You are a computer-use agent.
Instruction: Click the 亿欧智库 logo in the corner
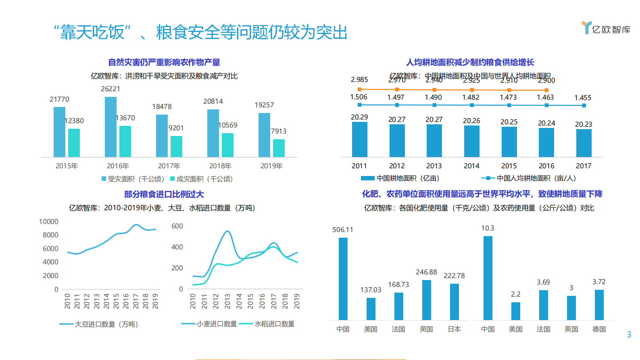tap(606, 28)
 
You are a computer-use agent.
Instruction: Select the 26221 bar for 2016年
tap(110, 127)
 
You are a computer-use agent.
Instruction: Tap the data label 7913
tap(279, 131)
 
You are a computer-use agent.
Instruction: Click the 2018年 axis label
tap(220, 166)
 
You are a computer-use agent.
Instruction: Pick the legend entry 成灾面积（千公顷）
tap(201, 179)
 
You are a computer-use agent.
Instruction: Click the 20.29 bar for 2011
tap(359, 139)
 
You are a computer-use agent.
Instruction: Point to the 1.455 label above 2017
tap(583, 98)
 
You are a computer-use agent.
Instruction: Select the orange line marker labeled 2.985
tap(359, 89)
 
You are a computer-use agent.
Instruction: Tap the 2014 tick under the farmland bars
tap(471, 166)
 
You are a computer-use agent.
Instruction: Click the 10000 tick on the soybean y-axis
tap(49, 222)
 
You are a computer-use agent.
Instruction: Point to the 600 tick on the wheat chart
tap(177, 226)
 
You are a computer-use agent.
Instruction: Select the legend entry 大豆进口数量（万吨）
tap(99, 324)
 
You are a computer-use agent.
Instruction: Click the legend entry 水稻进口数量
tap(267, 324)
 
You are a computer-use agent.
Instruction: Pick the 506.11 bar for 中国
tap(343, 278)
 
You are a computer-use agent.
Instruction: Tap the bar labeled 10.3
tap(488, 278)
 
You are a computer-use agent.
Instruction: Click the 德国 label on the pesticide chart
tap(599, 329)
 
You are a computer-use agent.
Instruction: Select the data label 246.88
tap(426, 272)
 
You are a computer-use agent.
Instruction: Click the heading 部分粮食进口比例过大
tap(164, 194)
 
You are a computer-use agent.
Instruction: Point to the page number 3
tap(629, 335)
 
